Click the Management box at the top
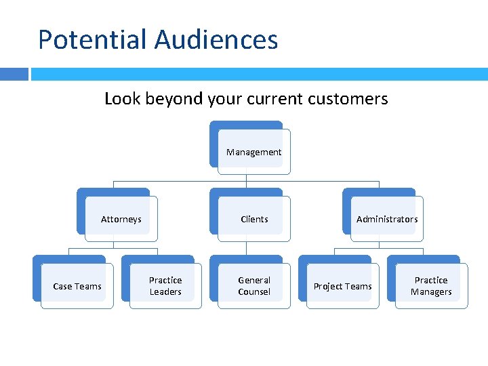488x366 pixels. click(253, 152)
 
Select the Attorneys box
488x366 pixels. click(121, 219)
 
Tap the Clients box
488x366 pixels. click(253, 219)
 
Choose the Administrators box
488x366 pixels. click(386, 219)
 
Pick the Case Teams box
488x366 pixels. click(77, 286)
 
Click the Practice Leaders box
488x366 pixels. click(165, 286)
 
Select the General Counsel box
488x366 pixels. click(253, 286)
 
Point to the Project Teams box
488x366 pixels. click(342, 286)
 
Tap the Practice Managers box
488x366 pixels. click(431, 286)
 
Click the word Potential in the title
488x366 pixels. click(92, 39)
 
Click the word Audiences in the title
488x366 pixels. click(216, 39)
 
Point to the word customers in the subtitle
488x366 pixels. click(347, 99)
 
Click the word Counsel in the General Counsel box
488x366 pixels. click(253, 292)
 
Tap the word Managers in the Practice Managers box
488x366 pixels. click(431, 292)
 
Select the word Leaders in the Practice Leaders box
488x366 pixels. click(165, 292)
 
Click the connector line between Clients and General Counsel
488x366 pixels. click(246, 249)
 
